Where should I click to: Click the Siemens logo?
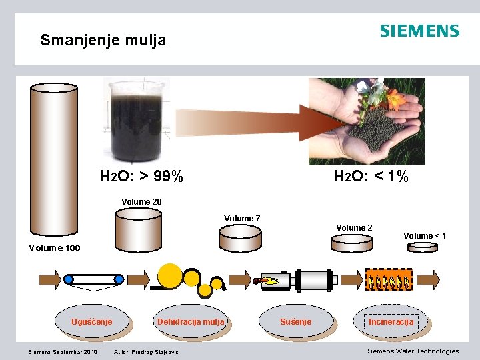[419, 31]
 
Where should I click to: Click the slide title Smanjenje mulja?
[103, 40]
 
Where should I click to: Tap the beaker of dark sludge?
[137, 121]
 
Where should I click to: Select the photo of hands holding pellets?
[366, 121]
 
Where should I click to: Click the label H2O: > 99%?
[141, 177]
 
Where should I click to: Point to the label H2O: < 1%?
[371, 177]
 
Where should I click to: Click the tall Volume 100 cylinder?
[54, 160]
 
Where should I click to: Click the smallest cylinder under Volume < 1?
[421, 246]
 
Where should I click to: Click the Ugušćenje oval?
[91, 322]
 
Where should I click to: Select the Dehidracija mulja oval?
[191, 322]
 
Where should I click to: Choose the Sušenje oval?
[295, 322]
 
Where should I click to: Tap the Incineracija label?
[391, 322]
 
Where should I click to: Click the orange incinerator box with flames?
[389, 279]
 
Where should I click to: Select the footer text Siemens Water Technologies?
[413, 351]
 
